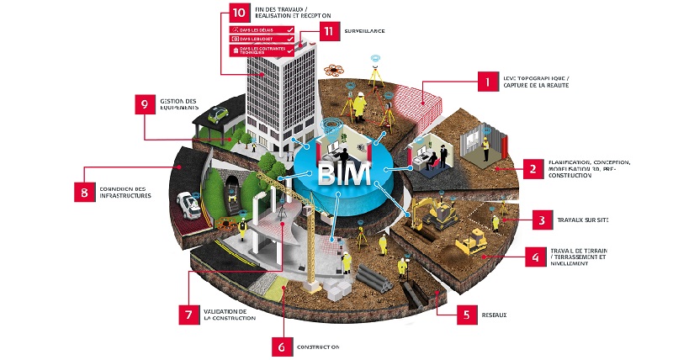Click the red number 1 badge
[x=485, y=82]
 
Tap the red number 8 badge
[x=84, y=191]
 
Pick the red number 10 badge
[x=239, y=13]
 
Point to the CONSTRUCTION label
[x=318, y=346]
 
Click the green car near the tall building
[x=218, y=114]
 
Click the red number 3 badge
[x=542, y=220]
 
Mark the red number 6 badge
[x=284, y=346]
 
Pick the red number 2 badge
[x=533, y=168]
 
